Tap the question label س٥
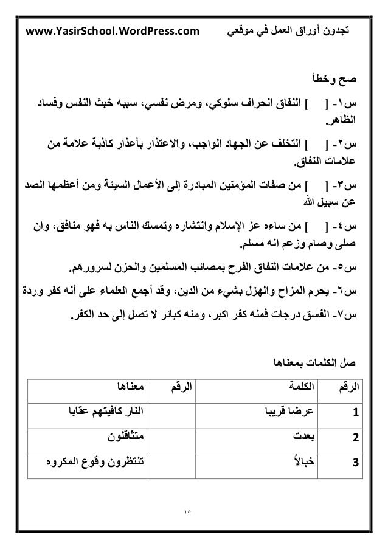point(352,268)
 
